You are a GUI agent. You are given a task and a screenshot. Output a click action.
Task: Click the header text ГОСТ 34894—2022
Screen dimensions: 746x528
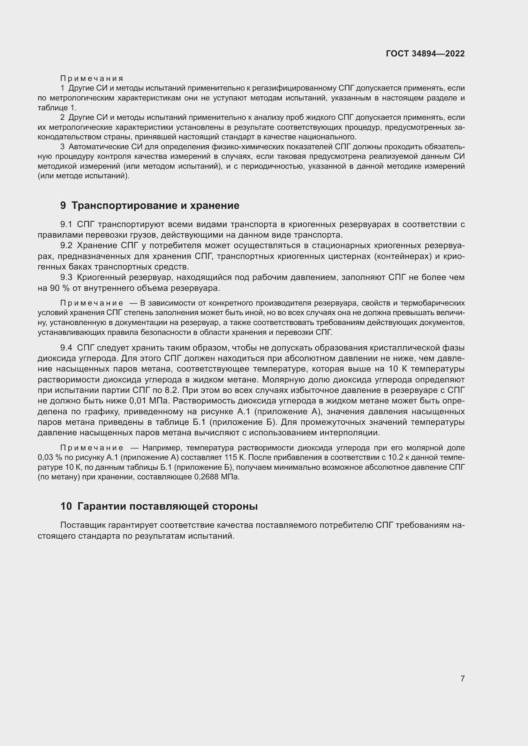pyautogui.click(x=425, y=54)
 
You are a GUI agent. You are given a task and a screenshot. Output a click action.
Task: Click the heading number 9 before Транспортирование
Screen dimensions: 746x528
pyautogui.click(x=63, y=206)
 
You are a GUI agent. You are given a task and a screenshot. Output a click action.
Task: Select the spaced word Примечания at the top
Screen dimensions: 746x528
pyautogui.click(x=92, y=78)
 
